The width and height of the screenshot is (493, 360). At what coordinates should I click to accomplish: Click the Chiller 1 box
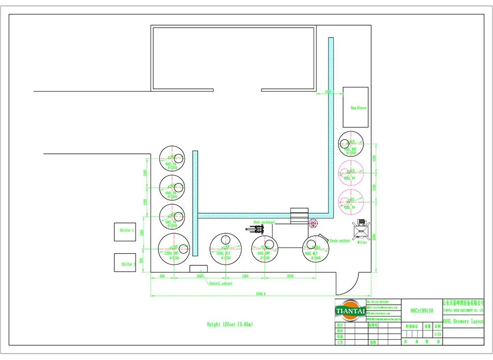(x=125, y=231)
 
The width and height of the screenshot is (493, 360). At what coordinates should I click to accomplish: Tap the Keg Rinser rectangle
(x=355, y=107)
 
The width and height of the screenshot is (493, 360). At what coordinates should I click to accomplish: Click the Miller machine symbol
(x=362, y=230)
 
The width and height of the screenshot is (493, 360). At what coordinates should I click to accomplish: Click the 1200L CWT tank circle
(x=174, y=250)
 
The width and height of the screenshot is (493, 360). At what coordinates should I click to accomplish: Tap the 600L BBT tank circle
(x=351, y=145)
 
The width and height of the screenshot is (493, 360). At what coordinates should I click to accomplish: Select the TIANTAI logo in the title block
(x=350, y=311)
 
